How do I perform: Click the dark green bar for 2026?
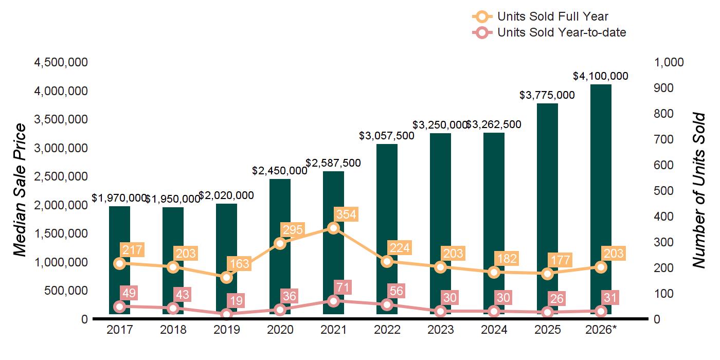coord(601,200)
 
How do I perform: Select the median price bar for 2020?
coord(280,246)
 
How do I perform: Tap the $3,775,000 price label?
coord(547,95)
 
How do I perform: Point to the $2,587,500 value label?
coord(333,163)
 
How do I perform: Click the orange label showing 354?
coord(346,214)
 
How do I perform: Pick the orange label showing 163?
coord(239,263)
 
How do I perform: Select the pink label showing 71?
coord(343,287)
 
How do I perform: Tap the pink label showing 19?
coord(236,300)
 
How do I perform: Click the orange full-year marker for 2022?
coord(387,262)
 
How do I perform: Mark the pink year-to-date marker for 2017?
coord(119,307)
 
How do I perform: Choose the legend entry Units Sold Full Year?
coord(541,16)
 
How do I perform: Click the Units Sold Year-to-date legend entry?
coord(549,32)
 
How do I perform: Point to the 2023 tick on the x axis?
coord(440,330)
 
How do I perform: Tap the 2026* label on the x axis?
coord(601,330)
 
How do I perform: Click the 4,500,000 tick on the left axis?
coord(61,62)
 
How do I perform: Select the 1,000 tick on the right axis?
coord(669,62)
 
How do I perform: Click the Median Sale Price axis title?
coord(20,190)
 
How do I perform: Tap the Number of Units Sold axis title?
coord(699,190)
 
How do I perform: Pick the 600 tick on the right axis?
coord(663,165)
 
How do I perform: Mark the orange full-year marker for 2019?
coord(227,277)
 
